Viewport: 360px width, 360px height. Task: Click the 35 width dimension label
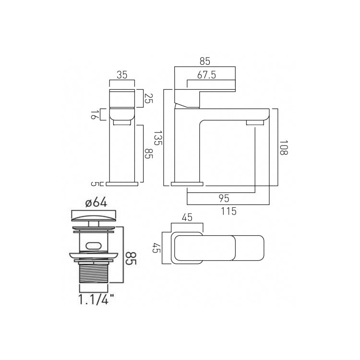click(122, 75)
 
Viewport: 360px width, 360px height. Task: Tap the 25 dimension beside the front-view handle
click(149, 98)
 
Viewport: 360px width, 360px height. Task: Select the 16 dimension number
click(93, 115)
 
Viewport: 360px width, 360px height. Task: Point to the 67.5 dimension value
click(206, 75)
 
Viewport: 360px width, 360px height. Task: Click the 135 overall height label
click(158, 138)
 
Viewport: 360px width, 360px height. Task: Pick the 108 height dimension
click(283, 148)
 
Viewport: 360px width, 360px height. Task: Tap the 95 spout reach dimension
click(224, 198)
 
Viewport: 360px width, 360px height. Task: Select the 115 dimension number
click(228, 211)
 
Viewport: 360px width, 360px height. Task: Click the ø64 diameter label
click(96, 203)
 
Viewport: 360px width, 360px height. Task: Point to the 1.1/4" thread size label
click(96, 299)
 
